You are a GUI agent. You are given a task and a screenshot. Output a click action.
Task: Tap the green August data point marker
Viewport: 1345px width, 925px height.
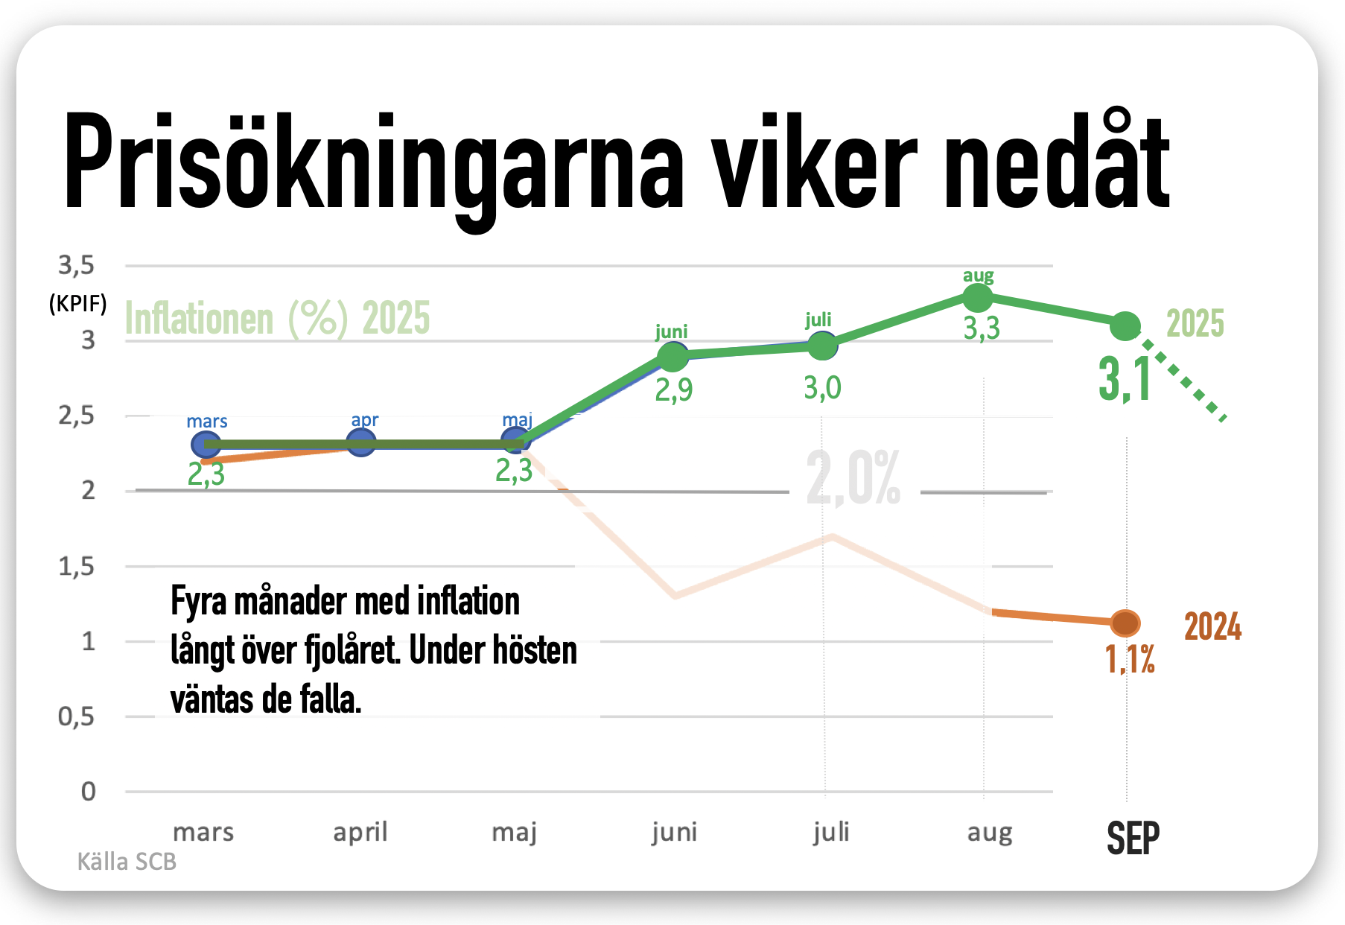978,298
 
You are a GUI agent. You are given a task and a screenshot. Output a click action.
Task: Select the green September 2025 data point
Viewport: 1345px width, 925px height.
1125,325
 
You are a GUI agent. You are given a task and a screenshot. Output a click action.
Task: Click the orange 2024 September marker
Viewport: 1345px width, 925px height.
1125,622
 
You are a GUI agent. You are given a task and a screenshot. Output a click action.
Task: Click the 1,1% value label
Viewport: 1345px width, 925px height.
1130,660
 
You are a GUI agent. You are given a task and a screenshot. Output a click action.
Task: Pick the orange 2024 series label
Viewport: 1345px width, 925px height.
1212,626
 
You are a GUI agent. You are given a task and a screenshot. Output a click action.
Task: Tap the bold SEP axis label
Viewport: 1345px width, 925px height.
1133,839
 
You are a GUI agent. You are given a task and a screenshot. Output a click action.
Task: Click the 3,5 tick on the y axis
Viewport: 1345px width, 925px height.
77,265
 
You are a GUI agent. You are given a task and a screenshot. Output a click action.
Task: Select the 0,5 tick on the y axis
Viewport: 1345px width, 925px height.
77,717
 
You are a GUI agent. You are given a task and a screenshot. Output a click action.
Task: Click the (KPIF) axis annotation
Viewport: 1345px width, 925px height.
77,304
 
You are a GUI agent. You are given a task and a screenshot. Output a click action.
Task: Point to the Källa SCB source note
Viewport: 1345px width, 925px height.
127,862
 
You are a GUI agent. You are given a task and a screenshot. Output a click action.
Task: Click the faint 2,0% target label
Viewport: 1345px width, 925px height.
853,479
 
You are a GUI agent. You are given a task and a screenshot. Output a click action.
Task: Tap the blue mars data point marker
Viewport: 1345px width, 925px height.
206,445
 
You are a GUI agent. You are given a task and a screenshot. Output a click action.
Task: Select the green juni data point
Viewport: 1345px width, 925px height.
673,357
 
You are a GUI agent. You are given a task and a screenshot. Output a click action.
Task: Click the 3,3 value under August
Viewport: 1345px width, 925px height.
982,328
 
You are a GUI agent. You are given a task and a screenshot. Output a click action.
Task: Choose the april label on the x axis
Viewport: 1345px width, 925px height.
360,832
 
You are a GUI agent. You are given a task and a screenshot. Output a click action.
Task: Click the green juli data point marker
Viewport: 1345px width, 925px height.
822,345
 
